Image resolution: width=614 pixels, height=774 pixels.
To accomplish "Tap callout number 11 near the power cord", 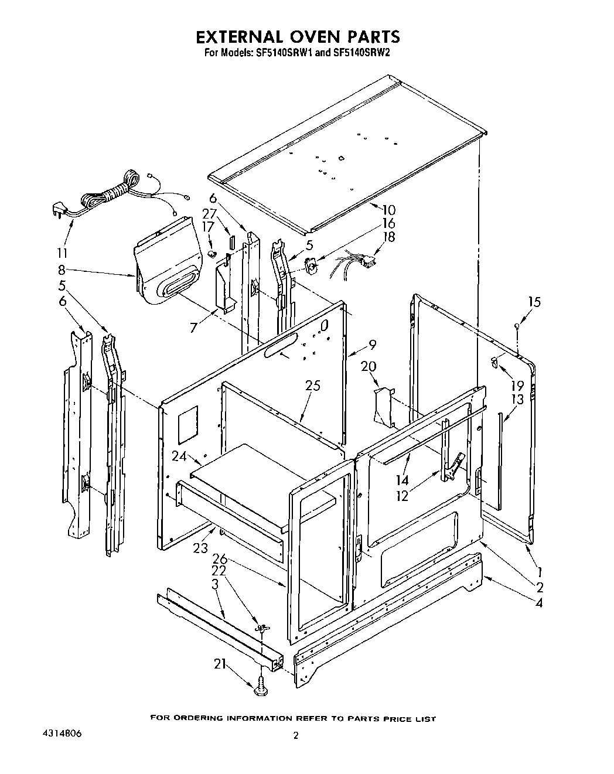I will pos(61,253).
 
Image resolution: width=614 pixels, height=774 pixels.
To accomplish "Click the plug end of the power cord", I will pos(59,209).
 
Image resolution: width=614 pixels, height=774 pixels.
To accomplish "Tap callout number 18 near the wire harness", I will pos(388,237).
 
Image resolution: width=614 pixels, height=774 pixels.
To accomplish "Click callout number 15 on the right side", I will pos(534,302).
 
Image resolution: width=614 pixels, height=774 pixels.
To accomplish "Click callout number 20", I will pos(368,366).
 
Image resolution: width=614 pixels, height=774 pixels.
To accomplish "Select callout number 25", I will pos(313,386).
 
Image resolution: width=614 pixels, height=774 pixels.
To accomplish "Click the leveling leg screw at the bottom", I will pos(261,688).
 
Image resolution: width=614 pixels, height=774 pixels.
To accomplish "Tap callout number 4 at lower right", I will pos(538,602).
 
